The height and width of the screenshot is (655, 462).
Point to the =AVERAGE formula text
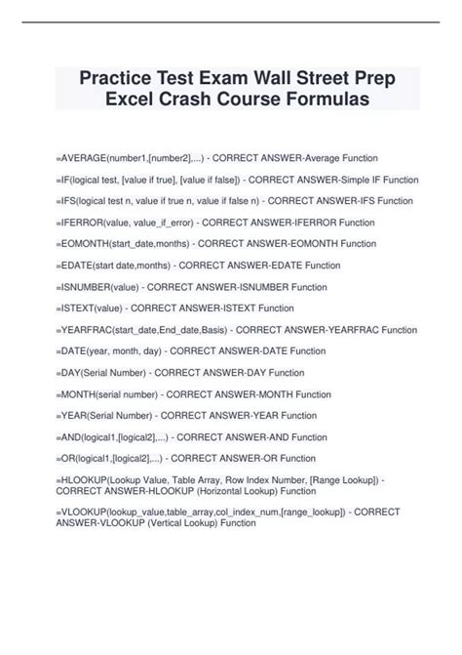[x=83, y=157]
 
